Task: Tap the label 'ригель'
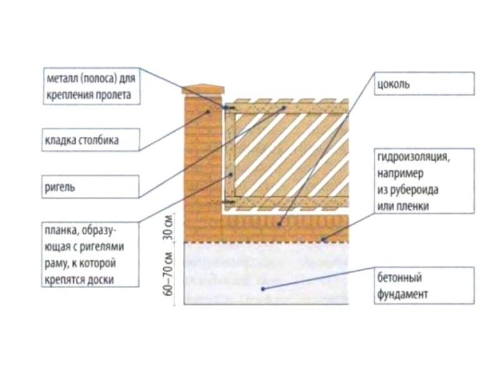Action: (61, 186)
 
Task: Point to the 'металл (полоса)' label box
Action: (91, 87)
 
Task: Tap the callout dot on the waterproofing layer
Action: (323, 239)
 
